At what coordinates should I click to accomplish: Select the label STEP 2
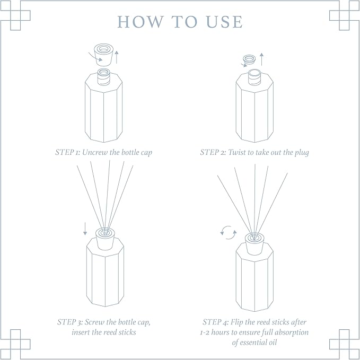click(213, 152)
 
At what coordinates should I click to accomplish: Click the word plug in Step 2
click(300, 153)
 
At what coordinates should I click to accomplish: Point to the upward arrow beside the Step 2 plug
click(261, 59)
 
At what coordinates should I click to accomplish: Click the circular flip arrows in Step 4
click(228, 232)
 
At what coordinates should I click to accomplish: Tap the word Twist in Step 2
click(237, 152)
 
